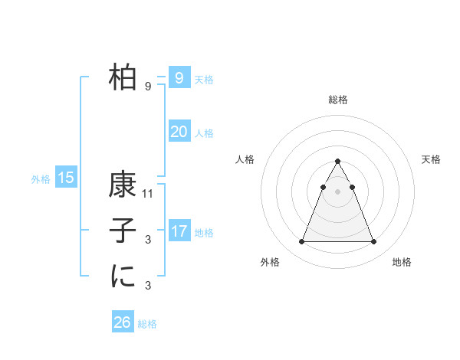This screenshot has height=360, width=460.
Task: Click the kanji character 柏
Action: pos(123,77)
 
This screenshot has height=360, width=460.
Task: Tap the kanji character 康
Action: pos(123,185)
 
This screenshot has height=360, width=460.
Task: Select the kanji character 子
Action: pos(123,231)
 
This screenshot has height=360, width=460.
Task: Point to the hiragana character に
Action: pos(123,277)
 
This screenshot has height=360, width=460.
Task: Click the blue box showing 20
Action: pos(179,132)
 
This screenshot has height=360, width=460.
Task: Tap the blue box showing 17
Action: pos(179,231)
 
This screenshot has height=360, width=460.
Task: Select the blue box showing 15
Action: pos(66,178)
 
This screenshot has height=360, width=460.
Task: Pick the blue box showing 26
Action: pos(123,322)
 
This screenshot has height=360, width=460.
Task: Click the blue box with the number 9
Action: pos(179,77)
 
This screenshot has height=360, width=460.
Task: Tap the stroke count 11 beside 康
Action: pos(149,194)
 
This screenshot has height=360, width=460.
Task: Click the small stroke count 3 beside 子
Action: pos(148,240)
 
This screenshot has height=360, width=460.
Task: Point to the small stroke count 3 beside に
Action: pos(148,286)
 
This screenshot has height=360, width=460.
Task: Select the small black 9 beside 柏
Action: pos(148,87)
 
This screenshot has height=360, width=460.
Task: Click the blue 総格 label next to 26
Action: pos(147,324)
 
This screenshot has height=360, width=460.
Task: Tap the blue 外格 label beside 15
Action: pos(41,179)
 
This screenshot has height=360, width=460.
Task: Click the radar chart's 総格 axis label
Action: pos(338,100)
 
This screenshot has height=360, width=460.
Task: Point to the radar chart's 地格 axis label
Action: pos(402,262)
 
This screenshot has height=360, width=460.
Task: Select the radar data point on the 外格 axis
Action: pos(301,242)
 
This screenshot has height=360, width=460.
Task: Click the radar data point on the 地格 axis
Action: pos(374,242)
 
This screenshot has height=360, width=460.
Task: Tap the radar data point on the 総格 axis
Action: pos(338,161)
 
